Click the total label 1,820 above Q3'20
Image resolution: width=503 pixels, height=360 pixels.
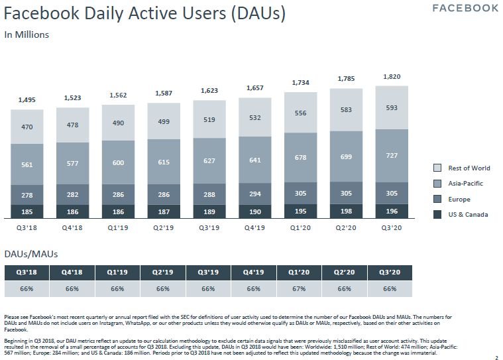tap(392, 78)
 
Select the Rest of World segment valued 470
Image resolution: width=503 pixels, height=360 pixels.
tap(27, 127)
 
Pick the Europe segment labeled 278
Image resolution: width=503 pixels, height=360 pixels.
tap(27, 194)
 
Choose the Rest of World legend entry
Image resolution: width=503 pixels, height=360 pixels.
tap(468, 168)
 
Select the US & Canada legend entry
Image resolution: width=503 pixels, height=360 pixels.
tap(467, 214)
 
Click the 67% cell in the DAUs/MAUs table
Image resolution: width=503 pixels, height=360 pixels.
tap(299, 289)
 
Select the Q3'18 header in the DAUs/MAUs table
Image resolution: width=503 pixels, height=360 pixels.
tap(27, 272)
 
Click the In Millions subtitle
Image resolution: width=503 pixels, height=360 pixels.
tap(27, 34)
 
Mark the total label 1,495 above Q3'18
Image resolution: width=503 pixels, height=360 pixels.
tap(27, 100)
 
